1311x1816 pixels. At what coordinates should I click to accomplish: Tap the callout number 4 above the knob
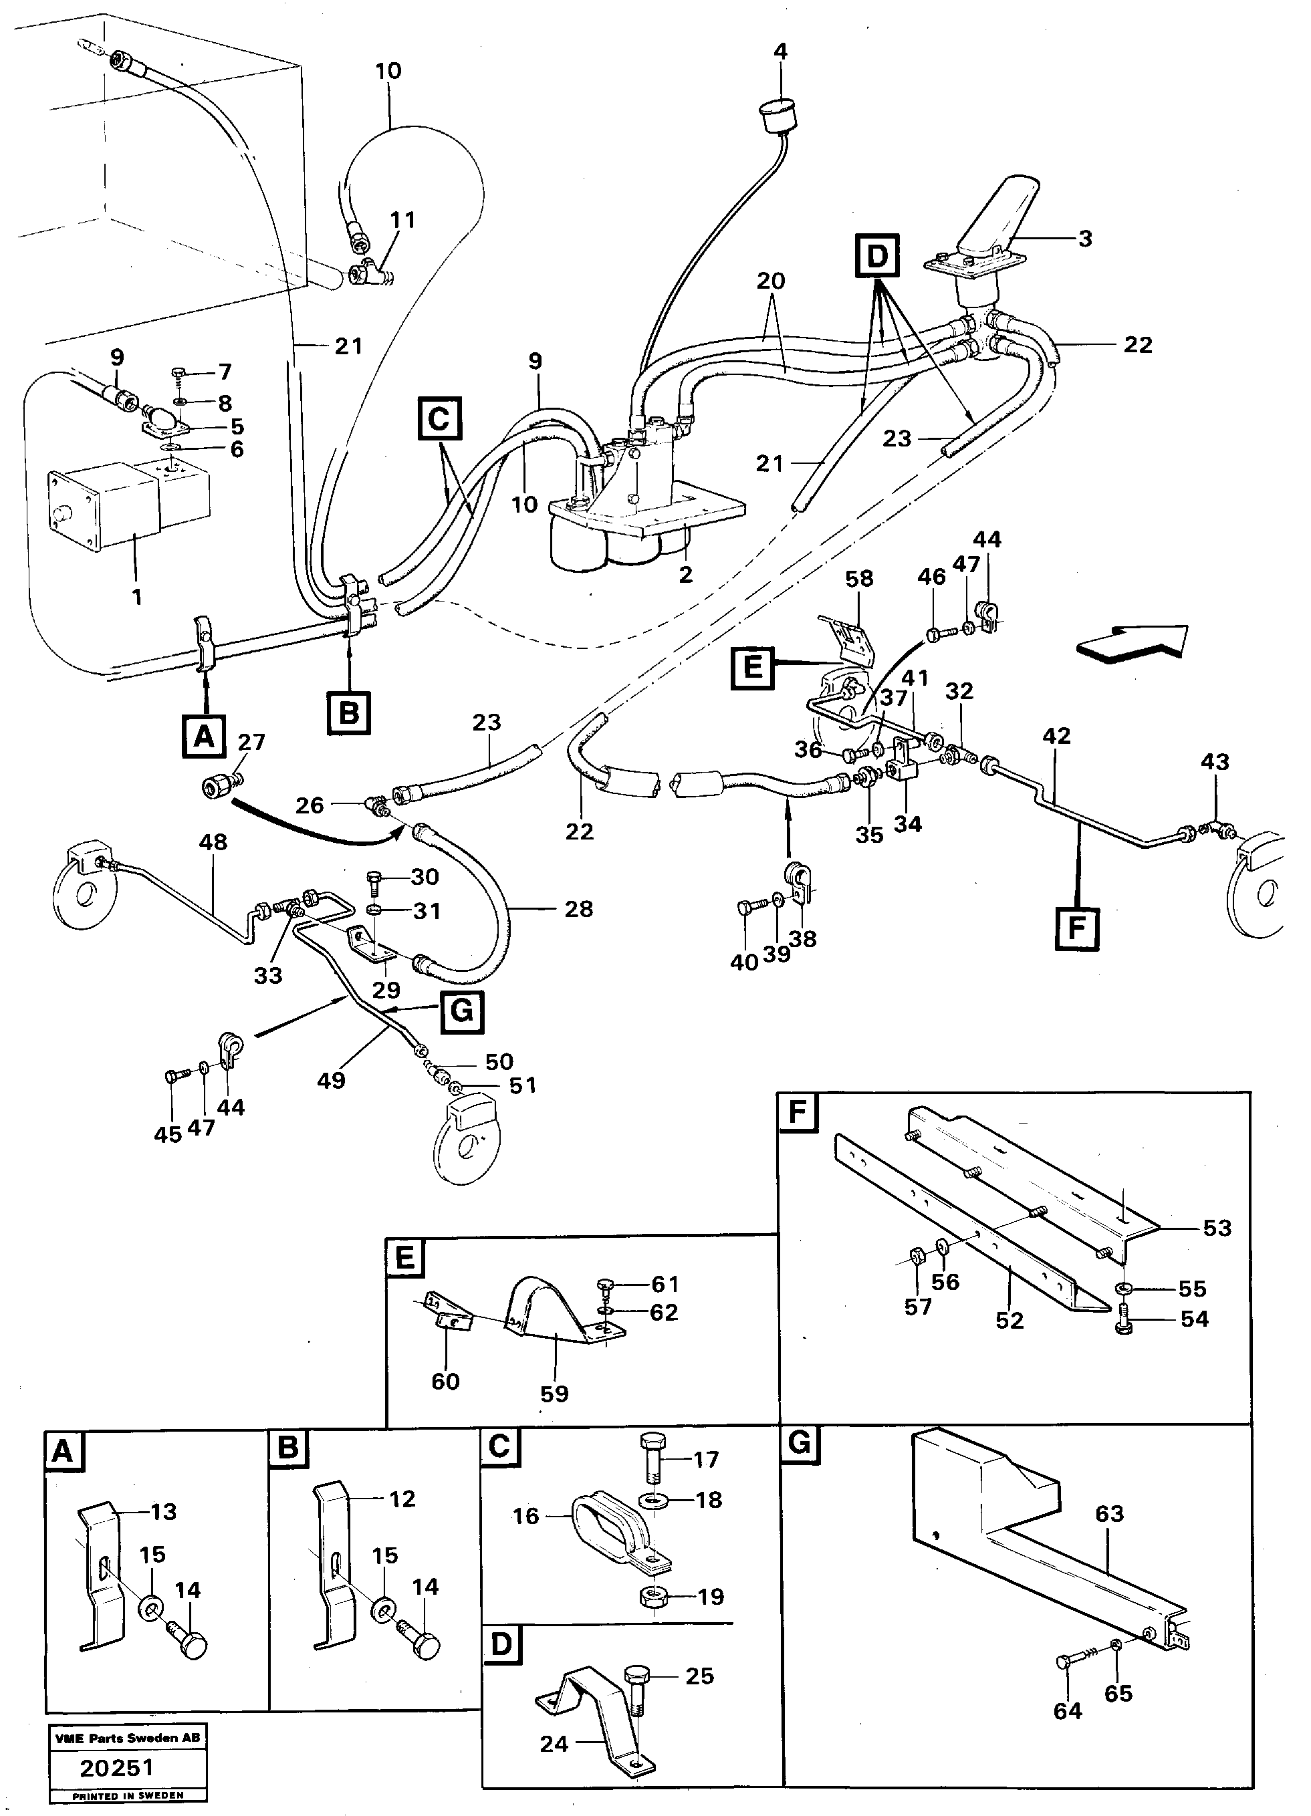[780, 51]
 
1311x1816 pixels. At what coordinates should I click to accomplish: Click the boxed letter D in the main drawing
[878, 256]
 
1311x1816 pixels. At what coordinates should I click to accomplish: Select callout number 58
[858, 578]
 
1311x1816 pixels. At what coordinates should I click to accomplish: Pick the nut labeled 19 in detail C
[654, 1597]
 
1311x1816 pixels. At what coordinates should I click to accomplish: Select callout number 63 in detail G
[1109, 1513]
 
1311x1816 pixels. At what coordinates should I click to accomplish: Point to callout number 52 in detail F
[1009, 1320]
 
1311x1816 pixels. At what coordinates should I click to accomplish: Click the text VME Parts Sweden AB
[127, 1738]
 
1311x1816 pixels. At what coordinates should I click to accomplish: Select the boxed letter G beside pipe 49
[461, 1011]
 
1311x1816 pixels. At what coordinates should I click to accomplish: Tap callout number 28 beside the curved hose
[578, 909]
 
